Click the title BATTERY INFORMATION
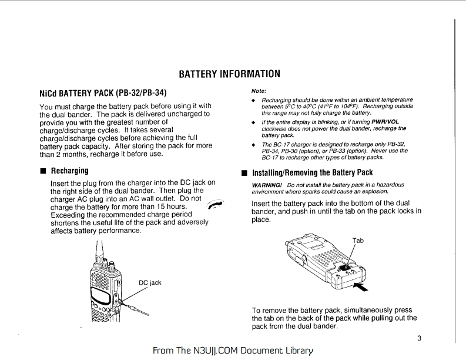229,75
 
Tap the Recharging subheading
69,171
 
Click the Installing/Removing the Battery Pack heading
312,173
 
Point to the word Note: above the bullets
259,91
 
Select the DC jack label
150,283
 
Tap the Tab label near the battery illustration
358,241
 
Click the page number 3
419,338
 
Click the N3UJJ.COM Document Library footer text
232,351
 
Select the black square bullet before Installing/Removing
244,174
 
